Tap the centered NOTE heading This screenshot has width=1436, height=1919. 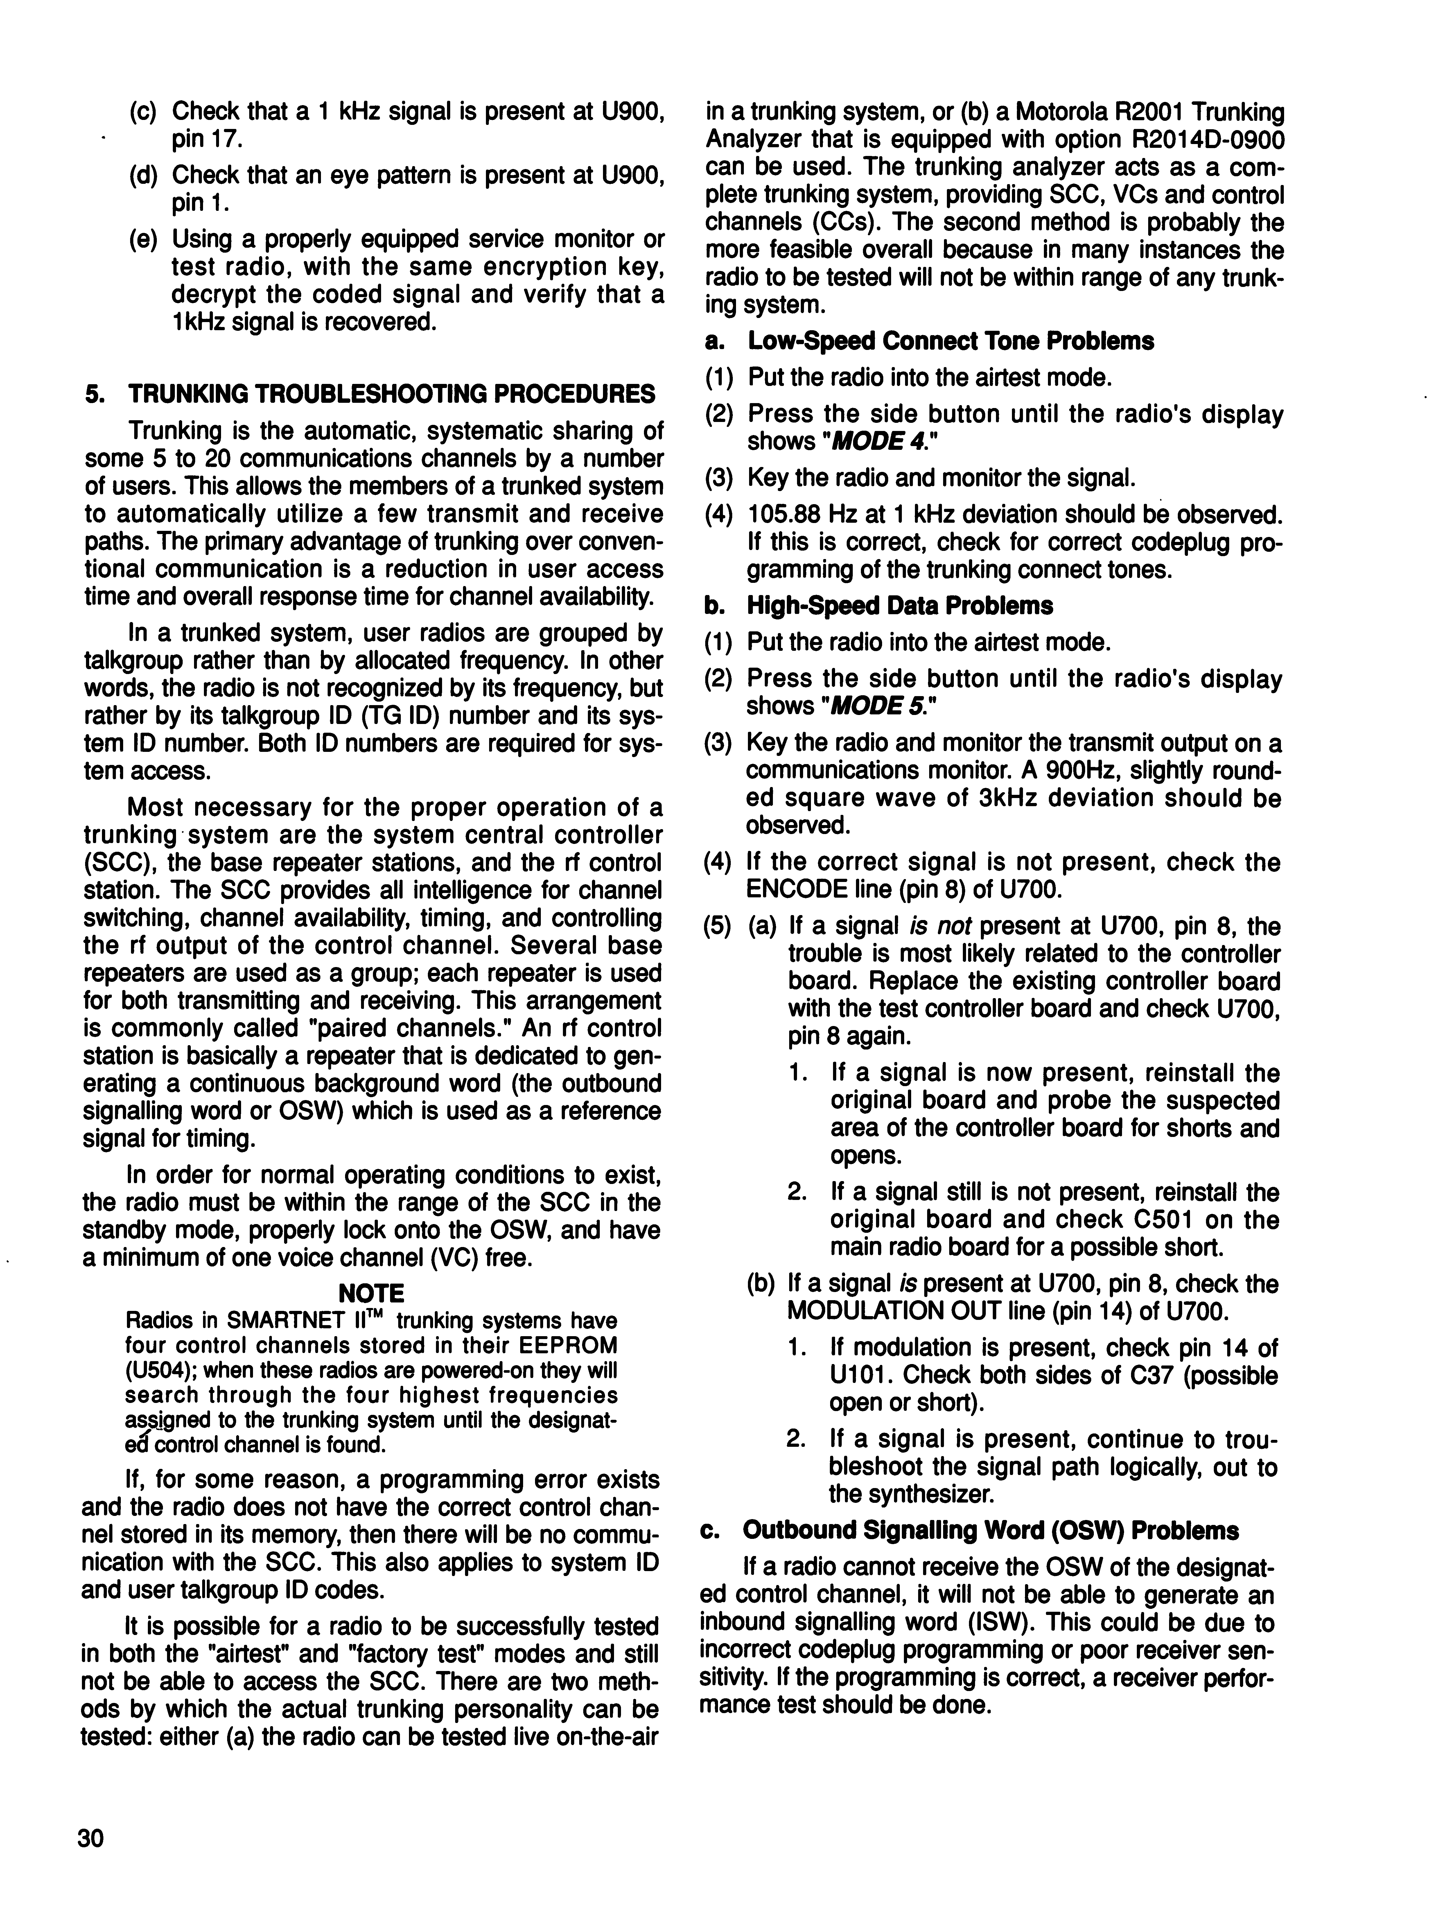click(x=371, y=1293)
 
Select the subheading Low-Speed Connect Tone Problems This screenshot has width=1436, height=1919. click(x=950, y=341)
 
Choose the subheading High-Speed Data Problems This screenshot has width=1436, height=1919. click(x=900, y=605)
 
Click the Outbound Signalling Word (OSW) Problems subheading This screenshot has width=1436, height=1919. click(x=991, y=1530)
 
